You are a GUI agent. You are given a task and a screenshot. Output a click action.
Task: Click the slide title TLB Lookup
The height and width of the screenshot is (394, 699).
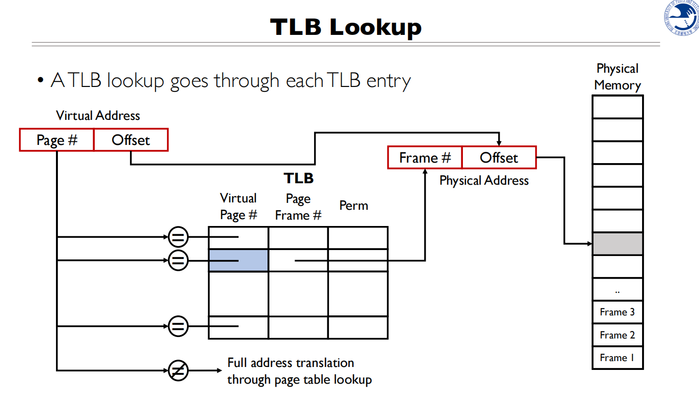coord(346,28)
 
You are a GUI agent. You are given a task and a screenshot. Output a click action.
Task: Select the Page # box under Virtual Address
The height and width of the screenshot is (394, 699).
coord(57,140)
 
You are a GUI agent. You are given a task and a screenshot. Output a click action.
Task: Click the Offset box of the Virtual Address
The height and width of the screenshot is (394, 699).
coord(131,140)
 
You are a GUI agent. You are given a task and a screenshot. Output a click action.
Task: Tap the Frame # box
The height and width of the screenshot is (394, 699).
coord(425,158)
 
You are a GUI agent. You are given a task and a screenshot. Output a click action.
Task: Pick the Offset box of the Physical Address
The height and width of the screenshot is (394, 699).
coord(499,158)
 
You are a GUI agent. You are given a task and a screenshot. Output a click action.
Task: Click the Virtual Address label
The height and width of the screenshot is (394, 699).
coord(98,115)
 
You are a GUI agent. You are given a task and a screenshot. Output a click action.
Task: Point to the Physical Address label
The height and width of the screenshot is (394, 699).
coord(484,181)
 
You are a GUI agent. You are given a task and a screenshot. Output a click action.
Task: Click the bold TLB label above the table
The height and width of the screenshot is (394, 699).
coord(298,178)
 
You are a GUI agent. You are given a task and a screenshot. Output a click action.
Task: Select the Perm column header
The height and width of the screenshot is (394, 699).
coord(353,205)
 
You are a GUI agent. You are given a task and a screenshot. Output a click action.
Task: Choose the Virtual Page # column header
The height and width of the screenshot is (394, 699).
coord(238,207)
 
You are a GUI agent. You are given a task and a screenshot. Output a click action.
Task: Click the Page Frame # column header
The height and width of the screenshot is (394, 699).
coord(298,207)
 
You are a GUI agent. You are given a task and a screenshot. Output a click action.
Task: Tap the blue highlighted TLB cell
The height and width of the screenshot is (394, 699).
coord(239,260)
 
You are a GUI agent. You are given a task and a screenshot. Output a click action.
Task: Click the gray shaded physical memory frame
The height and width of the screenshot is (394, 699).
coord(618,244)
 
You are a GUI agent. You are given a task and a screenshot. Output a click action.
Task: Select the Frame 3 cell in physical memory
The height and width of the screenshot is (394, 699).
coord(618,312)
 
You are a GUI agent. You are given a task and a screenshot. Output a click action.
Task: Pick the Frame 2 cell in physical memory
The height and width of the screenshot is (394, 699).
coord(618,335)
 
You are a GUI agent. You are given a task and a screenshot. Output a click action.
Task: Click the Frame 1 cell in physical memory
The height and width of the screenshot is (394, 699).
coord(618,358)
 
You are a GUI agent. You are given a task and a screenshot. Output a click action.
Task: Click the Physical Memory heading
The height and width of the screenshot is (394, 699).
coord(618,77)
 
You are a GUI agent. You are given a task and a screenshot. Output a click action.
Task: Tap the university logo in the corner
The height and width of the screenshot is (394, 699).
coord(682,18)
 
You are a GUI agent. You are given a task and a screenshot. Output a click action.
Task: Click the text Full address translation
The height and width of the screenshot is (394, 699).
coord(291,363)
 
